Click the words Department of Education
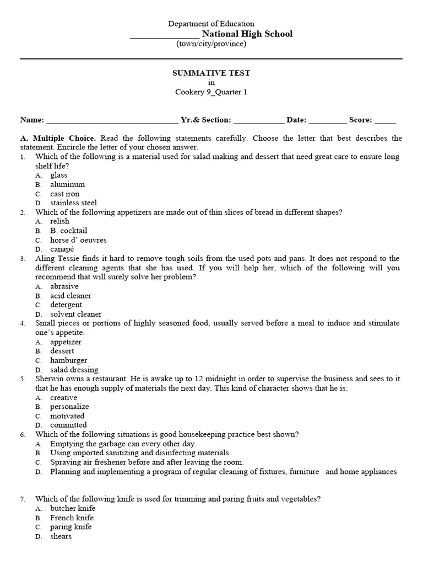(211, 24)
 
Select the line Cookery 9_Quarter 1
(211, 92)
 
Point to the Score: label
(361, 120)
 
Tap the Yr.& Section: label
(206, 120)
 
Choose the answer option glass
(58, 175)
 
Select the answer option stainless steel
(73, 202)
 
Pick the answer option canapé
(62, 249)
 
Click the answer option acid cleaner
(70, 295)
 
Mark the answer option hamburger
(68, 360)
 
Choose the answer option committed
(68, 425)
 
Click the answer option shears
(61, 536)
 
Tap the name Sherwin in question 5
(49, 379)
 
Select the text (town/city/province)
(211, 44)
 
